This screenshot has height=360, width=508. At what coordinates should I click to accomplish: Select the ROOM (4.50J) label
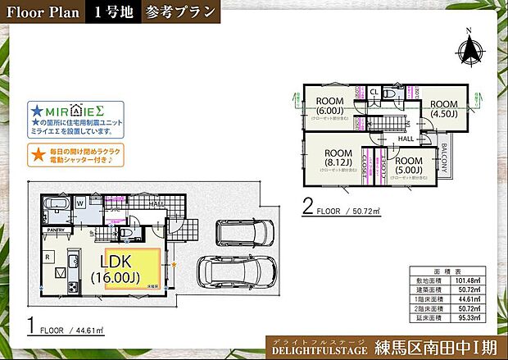(443, 109)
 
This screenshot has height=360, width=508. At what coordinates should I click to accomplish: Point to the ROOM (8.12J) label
(337, 158)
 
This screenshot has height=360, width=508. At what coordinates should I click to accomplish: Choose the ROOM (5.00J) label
(407, 166)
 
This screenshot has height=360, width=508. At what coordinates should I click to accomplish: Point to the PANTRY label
(55, 230)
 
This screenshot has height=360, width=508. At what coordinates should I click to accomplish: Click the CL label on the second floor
(374, 92)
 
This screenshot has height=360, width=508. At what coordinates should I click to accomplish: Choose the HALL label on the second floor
(406, 139)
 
